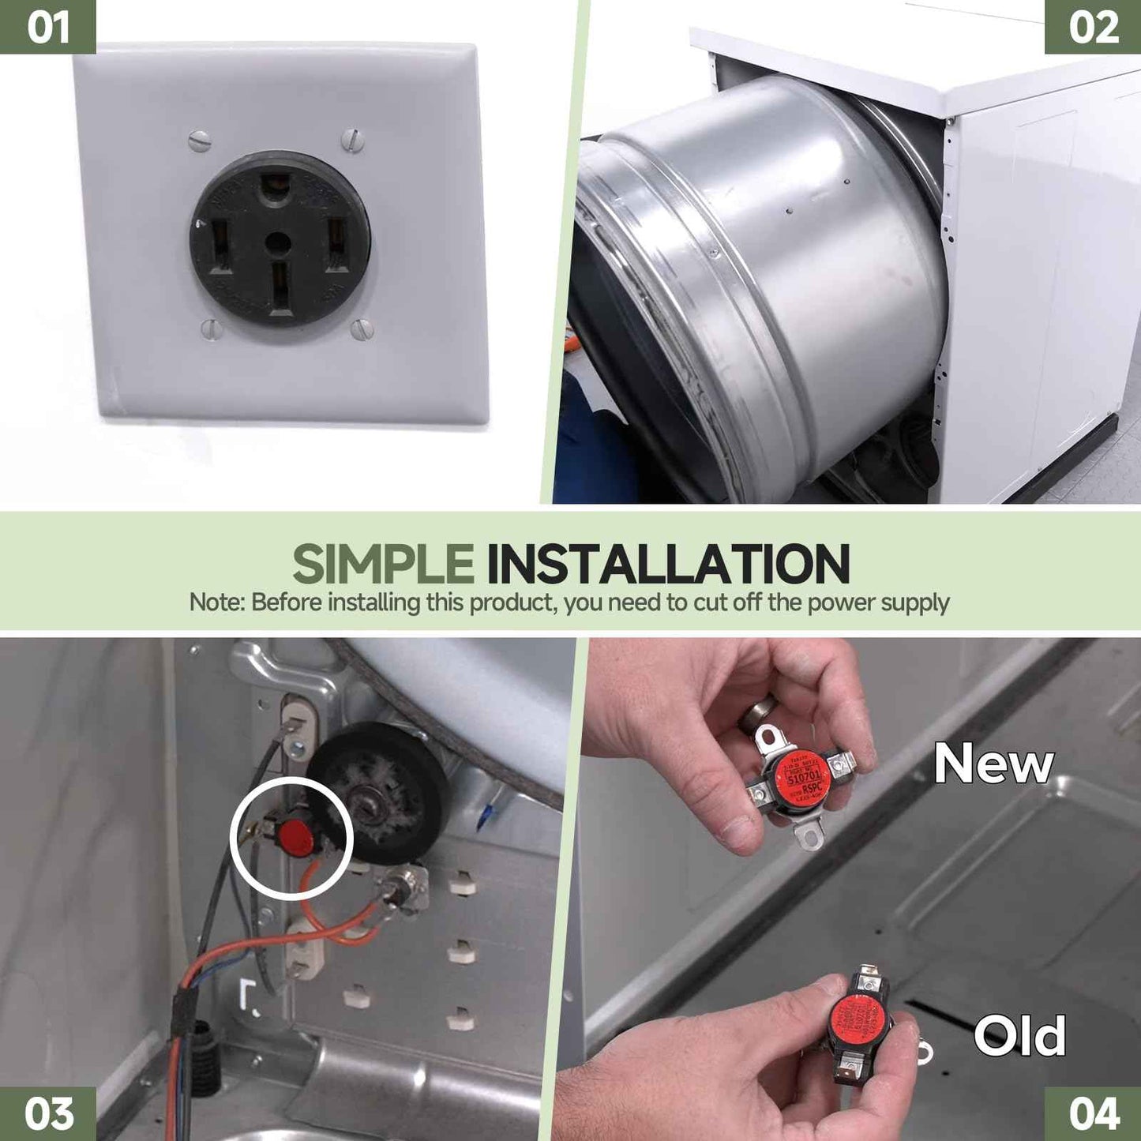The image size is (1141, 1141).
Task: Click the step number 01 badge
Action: (x=47, y=27)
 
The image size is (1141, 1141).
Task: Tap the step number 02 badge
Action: (x=1093, y=27)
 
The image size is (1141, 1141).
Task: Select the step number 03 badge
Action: (x=47, y=1113)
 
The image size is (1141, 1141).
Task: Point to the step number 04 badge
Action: (x=1093, y=1113)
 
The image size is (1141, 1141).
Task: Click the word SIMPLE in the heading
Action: (x=383, y=564)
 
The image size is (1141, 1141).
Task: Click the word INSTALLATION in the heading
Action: (x=667, y=564)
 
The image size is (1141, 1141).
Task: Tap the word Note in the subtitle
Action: (x=215, y=602)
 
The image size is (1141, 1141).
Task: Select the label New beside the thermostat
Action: (x=993, y=764)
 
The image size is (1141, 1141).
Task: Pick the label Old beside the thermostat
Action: (x=1019, y=1036)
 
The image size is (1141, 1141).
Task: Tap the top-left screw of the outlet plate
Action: (x=201, y=143)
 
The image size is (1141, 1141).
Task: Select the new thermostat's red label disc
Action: (x=803, y=775)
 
